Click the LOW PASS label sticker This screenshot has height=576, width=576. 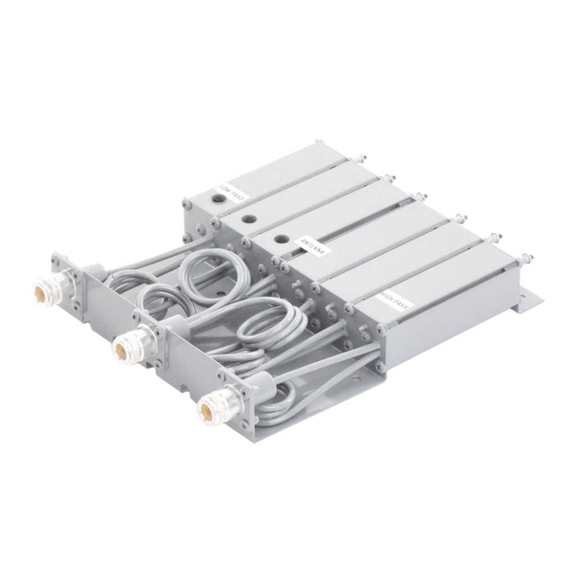(235, 192)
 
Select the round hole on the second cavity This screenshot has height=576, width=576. (249, 219)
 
